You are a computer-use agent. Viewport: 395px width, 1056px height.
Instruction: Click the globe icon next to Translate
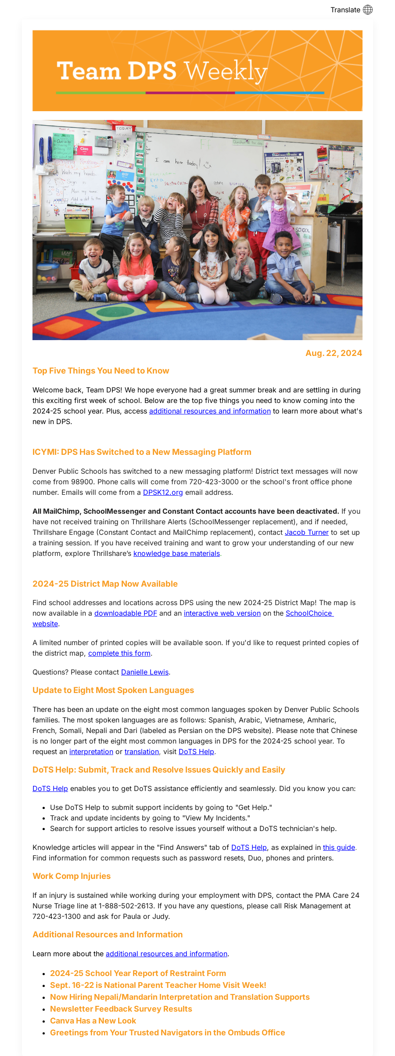pyautogui.click(x=368, y=10)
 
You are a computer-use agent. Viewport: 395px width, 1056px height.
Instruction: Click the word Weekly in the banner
pyautogui.click(x=225, y=71)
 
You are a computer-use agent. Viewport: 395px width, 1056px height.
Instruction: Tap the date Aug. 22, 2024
pyautogui.click(x=334, y=353)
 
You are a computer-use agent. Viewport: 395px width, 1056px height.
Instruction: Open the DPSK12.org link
pyautogui.click(x=163, y=492)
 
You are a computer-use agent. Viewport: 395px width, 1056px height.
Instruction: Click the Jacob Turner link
pyautogui.click(x=306, y=532)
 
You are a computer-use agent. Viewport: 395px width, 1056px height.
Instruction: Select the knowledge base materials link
pyautogui.click(x=176, y=553)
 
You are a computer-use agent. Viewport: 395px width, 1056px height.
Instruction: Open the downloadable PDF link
pyautogui.click(x=126, y=613)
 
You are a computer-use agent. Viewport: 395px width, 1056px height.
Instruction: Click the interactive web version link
pyautogui.click(x=222, y=613)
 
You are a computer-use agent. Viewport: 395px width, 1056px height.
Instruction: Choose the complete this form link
pyautogui.click(x=119, y=653)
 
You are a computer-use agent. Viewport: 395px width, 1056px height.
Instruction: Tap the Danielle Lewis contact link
pyautogui.click(x=145, y=672)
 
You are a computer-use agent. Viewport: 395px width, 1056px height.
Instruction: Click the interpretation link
pyautogui.click(x=91, y=751)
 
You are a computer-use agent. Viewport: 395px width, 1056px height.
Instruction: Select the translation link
pyautogui.click(x=142, y=751)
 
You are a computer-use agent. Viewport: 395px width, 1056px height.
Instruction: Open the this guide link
pyautogui.click(x=339, y=847)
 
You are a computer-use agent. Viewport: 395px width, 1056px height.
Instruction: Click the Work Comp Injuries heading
pyautogui.click(x=72, y=876)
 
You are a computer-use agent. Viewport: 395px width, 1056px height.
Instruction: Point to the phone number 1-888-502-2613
pyautogui.click(x=126, y=906)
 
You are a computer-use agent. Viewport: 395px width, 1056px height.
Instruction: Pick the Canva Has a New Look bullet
pyautogui.click(x=93, y=1020)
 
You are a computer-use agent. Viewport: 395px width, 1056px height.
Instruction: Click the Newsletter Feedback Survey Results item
pyautogui.click(x=121, y=1009)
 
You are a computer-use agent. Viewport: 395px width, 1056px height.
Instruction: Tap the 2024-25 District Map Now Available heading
pyautogui.click(x=105, y=584)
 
